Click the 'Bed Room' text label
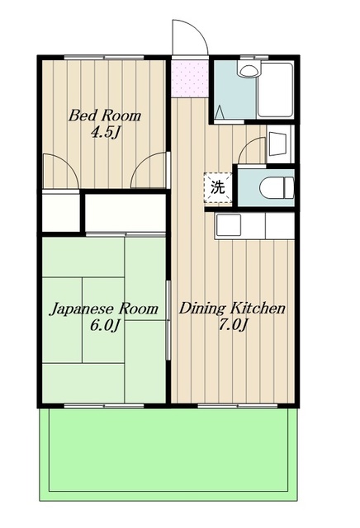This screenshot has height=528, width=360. tap(104, 116)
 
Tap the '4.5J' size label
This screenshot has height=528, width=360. tap(104, 132)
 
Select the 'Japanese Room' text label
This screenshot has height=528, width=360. tap(104, 309)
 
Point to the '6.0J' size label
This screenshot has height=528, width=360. tap(104, 326)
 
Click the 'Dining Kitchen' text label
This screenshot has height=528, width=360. tap(233, 309)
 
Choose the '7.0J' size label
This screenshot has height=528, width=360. tap(233, 326)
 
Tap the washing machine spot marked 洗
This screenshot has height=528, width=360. tap(217, 186)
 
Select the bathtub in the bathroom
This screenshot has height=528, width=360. tap(274, 89)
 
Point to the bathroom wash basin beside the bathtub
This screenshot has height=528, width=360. tap(246, 71)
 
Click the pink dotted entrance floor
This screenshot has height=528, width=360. tap(190, 78)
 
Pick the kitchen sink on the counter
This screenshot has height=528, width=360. tap(228, 224)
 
